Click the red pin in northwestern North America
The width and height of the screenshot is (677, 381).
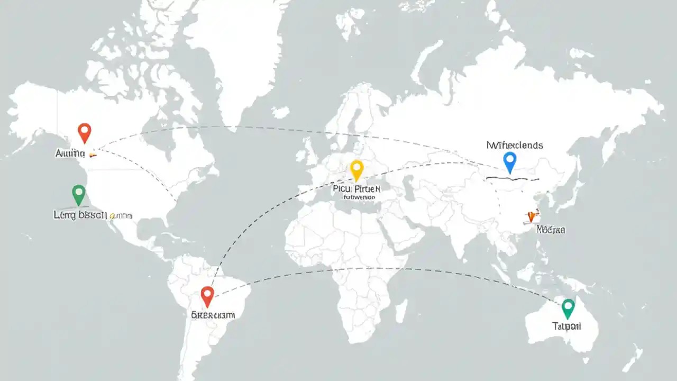[x=84, y=131]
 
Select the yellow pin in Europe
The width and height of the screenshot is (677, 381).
[x=357, y=169]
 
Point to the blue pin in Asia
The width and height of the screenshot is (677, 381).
[x=509, y=160]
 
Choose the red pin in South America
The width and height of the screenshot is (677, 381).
[x=207, y=295]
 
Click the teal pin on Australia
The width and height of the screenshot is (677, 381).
[x=568, y=307]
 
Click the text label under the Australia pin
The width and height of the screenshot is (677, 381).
[x=566, y=326]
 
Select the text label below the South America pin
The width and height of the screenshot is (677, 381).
[x=213, y=315]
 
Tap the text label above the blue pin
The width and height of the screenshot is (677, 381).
[x=514, y=145]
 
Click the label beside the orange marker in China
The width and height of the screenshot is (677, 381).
[x=551, y=230]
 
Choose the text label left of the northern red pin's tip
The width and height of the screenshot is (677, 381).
[x=70, y=153]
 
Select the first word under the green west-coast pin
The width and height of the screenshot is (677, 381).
[x=63, y=215]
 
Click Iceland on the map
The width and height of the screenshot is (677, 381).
[x=280, y=112]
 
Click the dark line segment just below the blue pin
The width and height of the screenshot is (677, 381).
[x=512, y=179]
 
